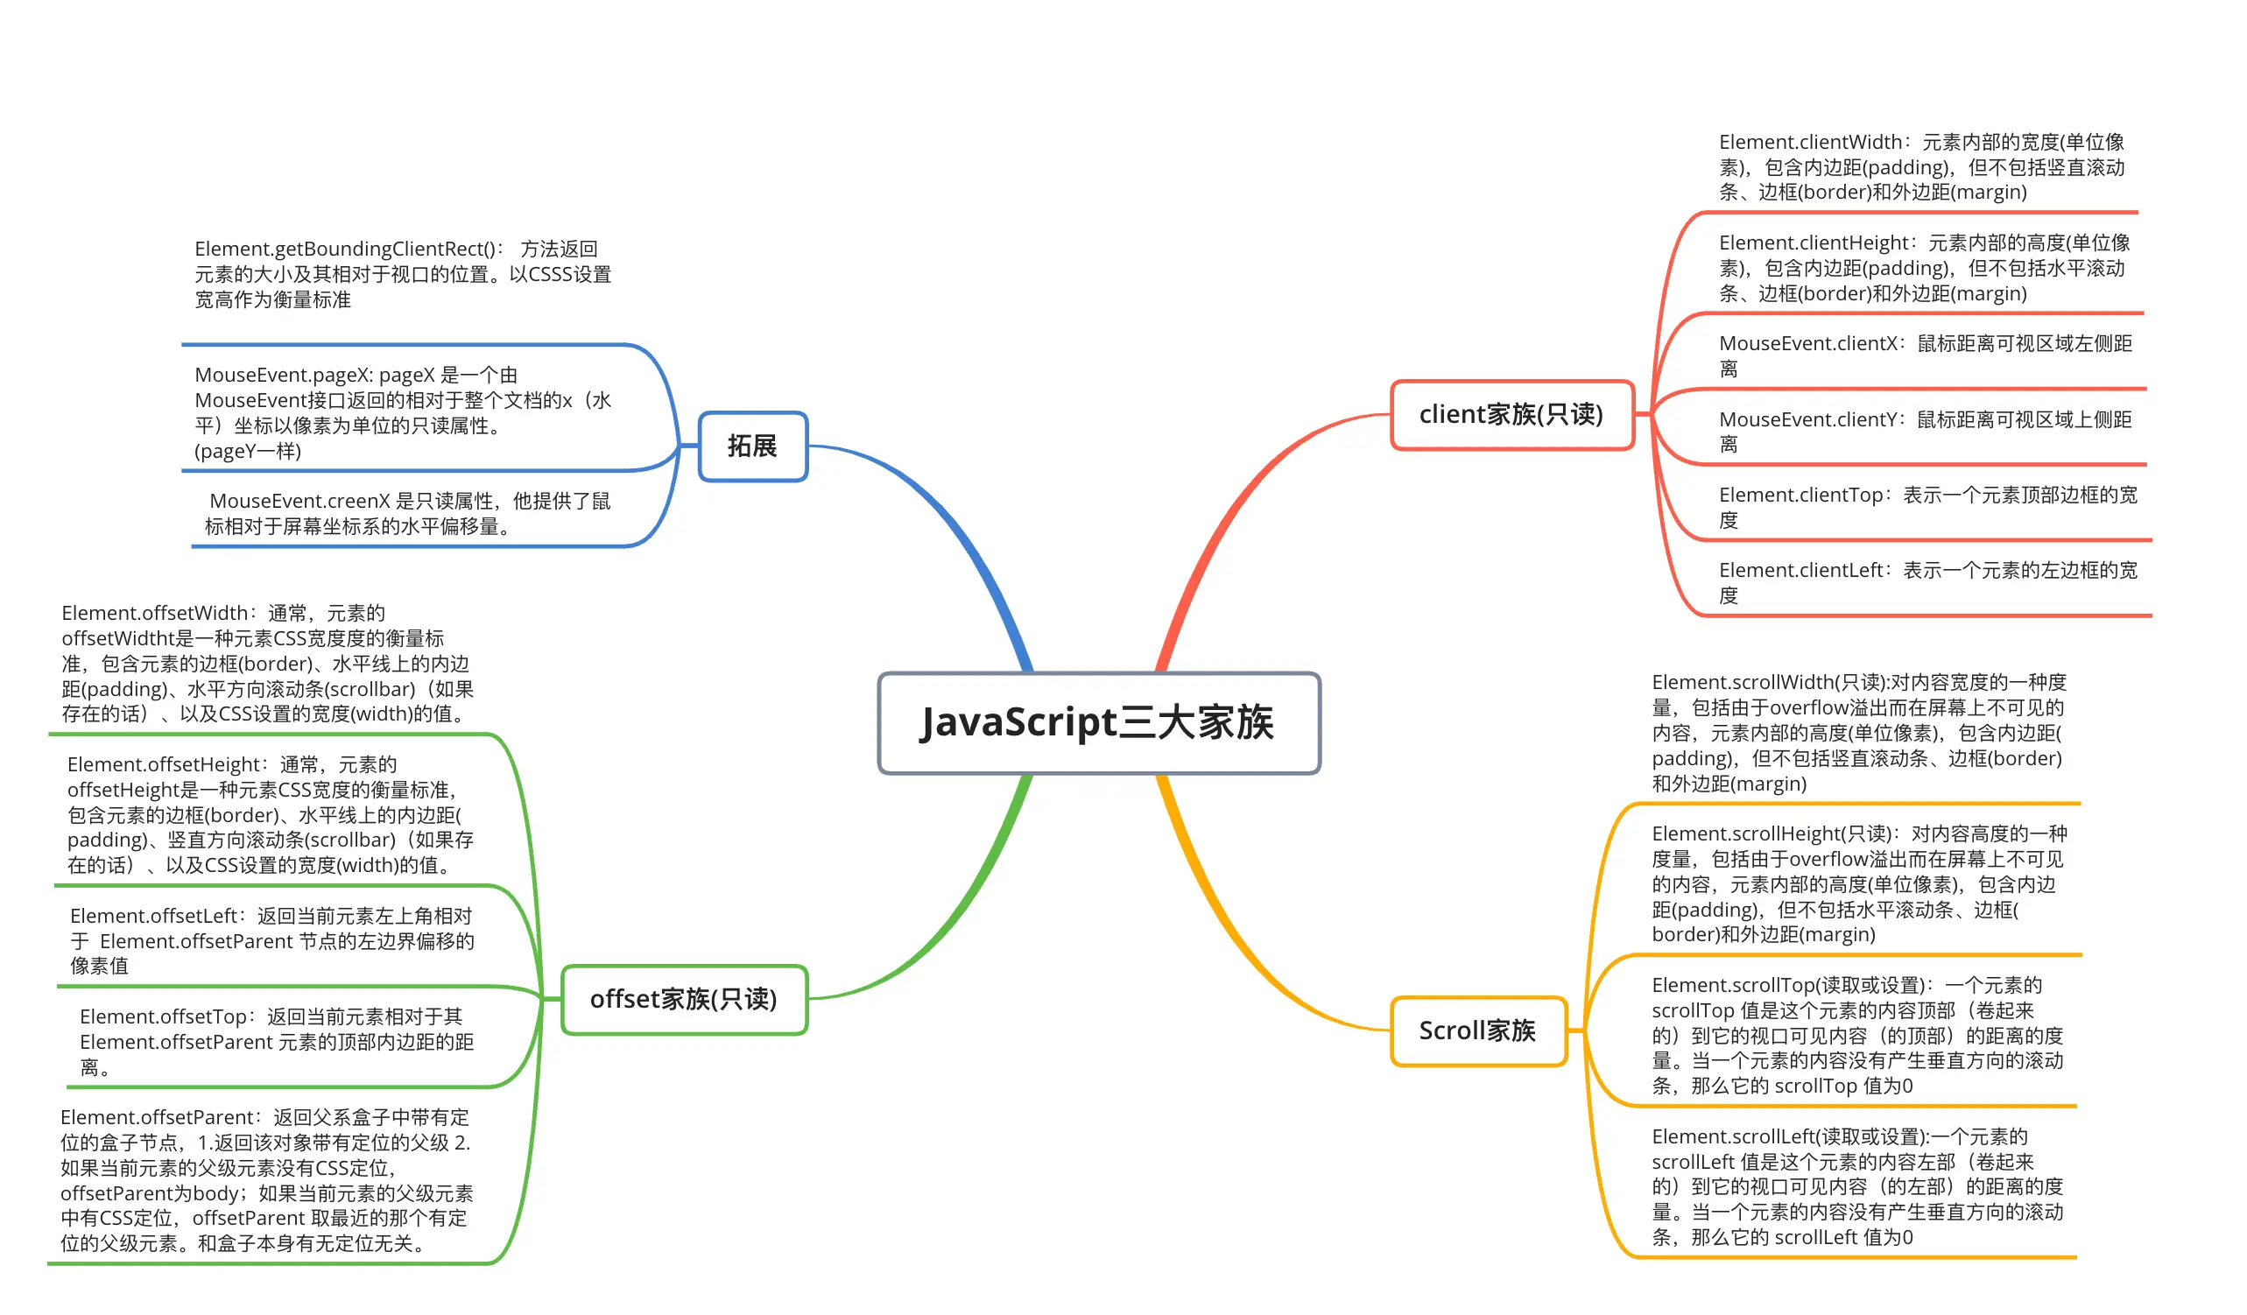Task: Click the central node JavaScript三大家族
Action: [1098, 723]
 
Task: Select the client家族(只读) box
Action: [1511, 415]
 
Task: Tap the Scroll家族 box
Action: [1477, 1031]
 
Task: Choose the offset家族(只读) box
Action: [684, 1000]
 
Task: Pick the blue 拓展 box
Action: [752, 446]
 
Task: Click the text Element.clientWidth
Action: [1810, 143]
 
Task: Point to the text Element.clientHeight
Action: [1814, 243]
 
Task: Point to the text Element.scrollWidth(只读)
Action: [1769, 683]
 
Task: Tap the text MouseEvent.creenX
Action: [299, 502]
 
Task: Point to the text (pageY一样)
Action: [248, 451]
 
